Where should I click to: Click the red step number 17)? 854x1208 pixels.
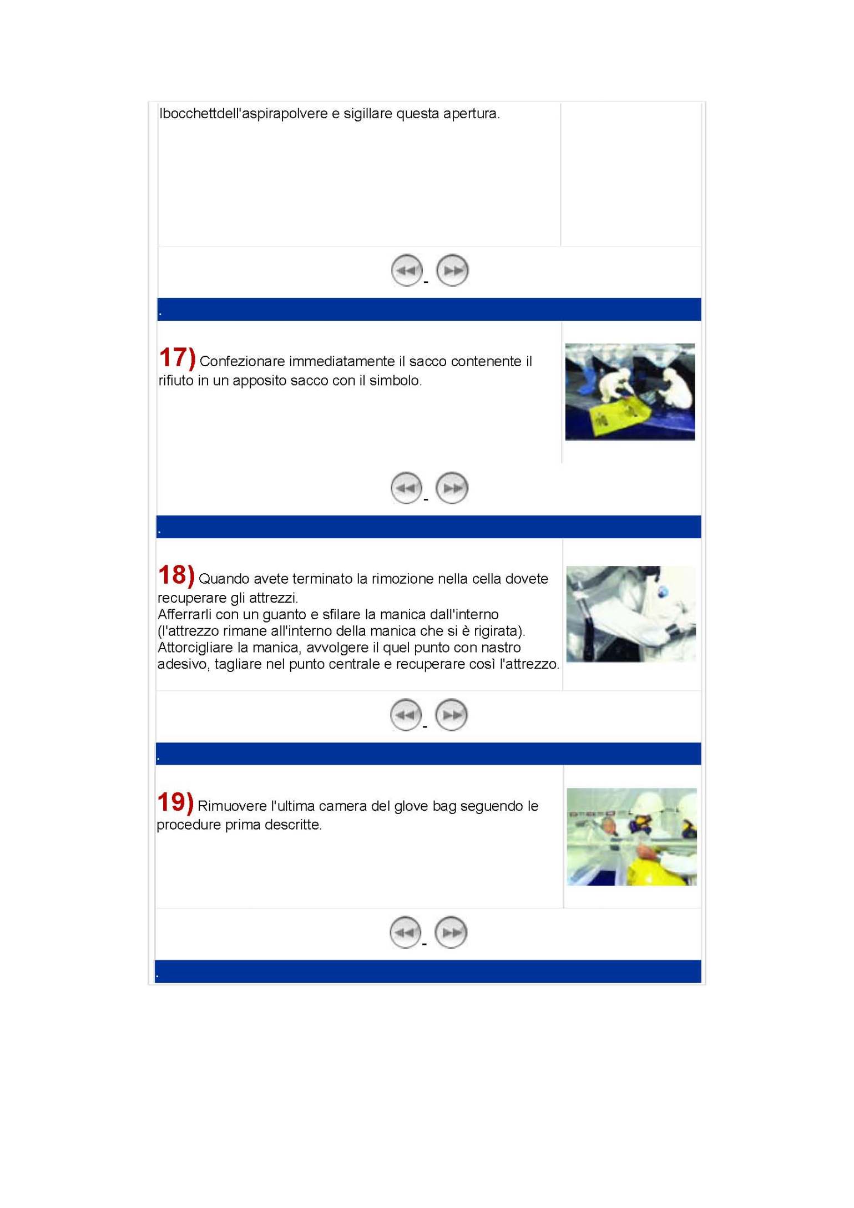(x=177, y=358)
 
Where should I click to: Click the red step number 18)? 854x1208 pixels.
(x=176, y=575)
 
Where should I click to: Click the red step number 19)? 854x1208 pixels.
(x=175, y=802)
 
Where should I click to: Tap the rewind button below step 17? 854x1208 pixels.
(x=406, y=488)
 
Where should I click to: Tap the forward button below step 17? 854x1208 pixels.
(x=452, y=488)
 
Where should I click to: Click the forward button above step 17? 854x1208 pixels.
(x=452, y=271)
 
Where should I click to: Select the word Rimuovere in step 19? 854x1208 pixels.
(x=232, y=806)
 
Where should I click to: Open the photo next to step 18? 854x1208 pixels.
(x=631, y=614)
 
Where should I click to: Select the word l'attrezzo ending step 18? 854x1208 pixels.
(x=529, y=664)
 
